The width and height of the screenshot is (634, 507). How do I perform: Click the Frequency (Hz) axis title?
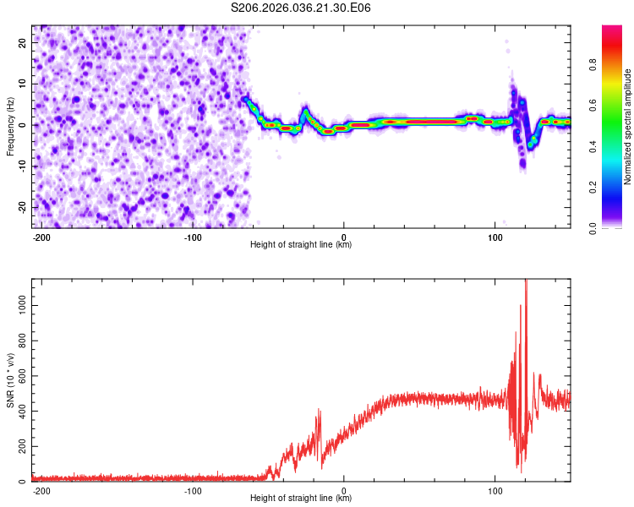[x=10, y=126]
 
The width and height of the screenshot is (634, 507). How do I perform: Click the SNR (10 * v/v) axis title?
[x=10, y=379]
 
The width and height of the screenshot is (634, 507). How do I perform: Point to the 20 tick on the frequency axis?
[x=23, y=42]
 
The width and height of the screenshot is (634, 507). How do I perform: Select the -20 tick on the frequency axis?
[x=21, y=207]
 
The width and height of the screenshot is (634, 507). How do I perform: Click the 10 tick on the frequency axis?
[x=23, y=84]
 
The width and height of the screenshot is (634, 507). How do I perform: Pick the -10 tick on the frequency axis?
[x=21, y=166]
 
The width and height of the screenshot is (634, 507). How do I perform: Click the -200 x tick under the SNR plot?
[x=41, y=491]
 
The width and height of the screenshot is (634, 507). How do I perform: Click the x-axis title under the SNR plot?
[x=301, y=499]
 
